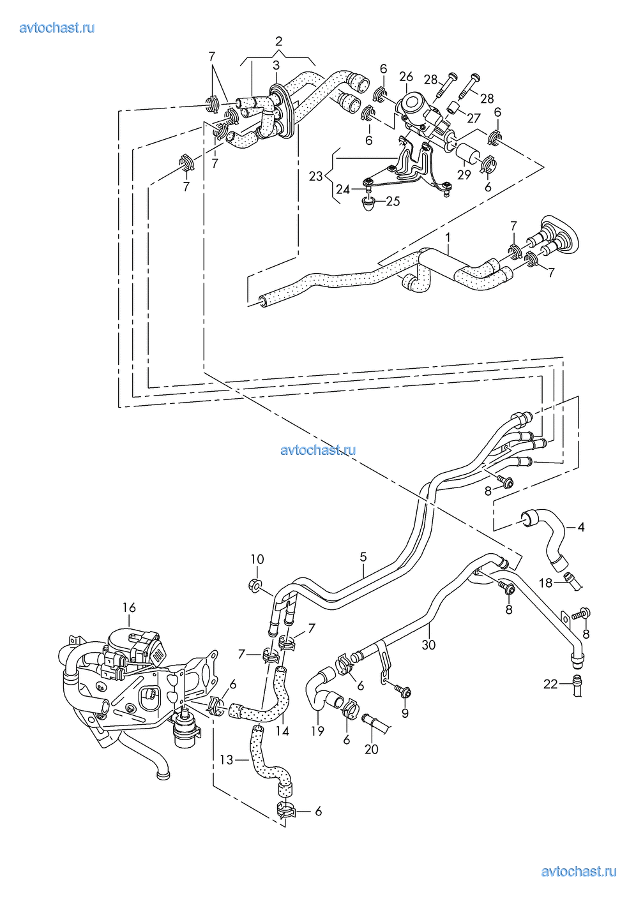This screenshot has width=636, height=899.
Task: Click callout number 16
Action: [129, 607]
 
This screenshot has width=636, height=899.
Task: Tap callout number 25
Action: [393, 201]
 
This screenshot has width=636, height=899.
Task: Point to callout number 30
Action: [428, 645]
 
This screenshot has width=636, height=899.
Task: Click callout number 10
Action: [257, 559]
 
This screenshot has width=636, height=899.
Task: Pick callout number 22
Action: [550, 684]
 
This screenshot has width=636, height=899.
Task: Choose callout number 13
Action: [227, 760]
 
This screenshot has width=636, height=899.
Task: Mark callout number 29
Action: [464, 175]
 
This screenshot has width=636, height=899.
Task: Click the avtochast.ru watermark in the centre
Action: [318, 450]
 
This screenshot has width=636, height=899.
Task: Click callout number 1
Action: [448, 238]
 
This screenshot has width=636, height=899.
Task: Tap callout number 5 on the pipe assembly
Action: [363, 556]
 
